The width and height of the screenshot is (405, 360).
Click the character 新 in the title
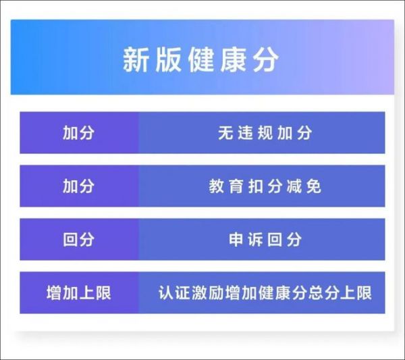point(136,59)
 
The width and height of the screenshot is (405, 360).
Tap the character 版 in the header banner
point(168,59)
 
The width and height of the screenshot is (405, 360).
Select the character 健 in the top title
point(200,59)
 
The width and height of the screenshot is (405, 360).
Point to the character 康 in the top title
point(233,59)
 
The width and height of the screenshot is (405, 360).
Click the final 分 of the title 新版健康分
point(265,59)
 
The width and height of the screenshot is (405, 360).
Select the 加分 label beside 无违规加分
point(78,133)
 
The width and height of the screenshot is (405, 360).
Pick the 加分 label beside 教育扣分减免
point(78,186)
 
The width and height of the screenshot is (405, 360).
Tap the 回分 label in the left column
point(78,239)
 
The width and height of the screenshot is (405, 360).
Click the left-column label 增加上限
point(79,292)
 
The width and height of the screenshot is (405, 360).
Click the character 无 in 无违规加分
point(225,133)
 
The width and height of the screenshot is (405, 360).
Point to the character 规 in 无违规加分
point(265,133)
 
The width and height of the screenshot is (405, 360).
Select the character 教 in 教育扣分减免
point(216,186)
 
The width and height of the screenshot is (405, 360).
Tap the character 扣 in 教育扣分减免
point(255,186)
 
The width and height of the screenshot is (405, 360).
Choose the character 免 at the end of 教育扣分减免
point(314,186)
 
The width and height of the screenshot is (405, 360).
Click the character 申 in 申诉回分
point(236,239)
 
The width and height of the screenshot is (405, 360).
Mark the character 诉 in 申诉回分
point(255,239)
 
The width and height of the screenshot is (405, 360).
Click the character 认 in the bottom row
point(166,292)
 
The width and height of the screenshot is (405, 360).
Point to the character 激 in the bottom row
point(199,292)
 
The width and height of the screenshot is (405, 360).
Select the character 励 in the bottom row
point(216,292)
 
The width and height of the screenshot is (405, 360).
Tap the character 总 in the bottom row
point(315,292)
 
